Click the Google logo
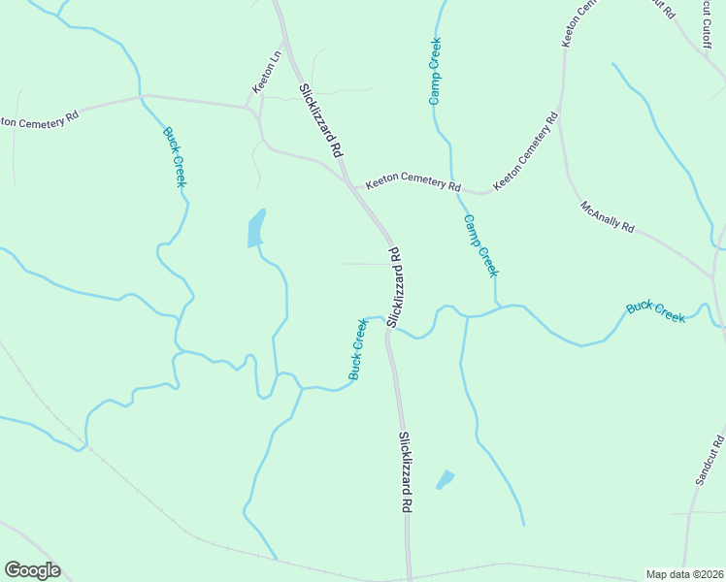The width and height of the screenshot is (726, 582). pos(32,570)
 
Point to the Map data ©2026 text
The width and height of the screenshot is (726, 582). pos(685,574)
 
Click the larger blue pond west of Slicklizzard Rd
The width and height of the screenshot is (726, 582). pos(255,229)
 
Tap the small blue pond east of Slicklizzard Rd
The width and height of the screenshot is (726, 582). pos(445,479)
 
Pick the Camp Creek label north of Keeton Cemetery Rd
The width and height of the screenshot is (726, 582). pos(436,72)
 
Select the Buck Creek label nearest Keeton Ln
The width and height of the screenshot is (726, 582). pos(175,157)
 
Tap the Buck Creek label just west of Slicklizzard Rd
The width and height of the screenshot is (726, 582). pos(358,349)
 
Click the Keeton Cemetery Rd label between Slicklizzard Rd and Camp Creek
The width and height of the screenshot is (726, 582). pos(412,183)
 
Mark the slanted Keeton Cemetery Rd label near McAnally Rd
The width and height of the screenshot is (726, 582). pos(525,152)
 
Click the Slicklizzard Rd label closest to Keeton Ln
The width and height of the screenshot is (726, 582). pos(321,121)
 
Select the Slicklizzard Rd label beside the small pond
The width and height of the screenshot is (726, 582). pos(407,472)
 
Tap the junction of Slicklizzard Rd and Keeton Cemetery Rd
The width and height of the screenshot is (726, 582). pos(348,180)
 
